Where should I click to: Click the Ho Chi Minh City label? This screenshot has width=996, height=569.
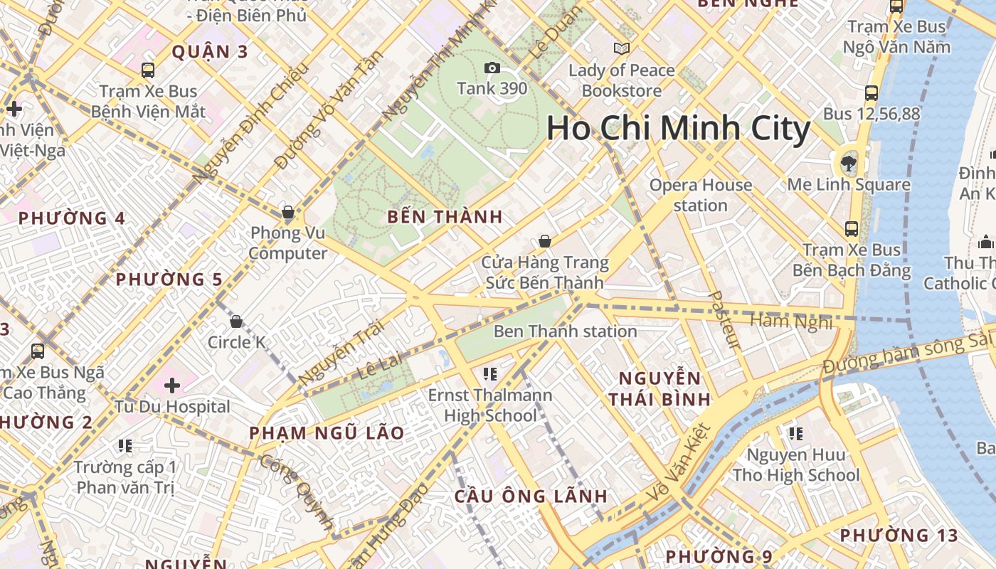click(678, 129)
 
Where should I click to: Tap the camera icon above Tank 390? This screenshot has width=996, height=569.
click(492, 68)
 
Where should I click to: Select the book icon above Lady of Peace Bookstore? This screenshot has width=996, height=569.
click(622, 49)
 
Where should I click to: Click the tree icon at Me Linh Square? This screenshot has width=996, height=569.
click(848, 164)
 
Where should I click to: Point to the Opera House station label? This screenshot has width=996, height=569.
click(700, 195)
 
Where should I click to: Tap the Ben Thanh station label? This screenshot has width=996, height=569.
click(565, 331)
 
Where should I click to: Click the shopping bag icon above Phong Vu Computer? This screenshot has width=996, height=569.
click(288, 212)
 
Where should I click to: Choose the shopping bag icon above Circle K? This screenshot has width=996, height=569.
click(236, 321)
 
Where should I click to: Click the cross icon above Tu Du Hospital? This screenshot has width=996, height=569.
click(172, 385)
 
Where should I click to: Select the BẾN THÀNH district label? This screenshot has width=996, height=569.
click(445, 217)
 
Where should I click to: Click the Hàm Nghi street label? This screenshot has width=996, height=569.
click(791, 321)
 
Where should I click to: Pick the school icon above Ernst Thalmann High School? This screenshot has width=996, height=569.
click(489, 373)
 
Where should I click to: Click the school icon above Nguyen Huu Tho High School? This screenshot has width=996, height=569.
click(795, 433)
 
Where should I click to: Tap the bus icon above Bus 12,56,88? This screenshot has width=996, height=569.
click(871, 92)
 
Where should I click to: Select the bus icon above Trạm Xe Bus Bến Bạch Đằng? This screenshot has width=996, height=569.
click(851, 229)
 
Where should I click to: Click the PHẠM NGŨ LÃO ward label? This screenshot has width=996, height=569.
click(327, 432)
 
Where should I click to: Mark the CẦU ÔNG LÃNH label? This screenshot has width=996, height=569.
click(531, 496)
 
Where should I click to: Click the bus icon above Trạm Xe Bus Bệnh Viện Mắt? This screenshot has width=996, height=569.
click(148, 70)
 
